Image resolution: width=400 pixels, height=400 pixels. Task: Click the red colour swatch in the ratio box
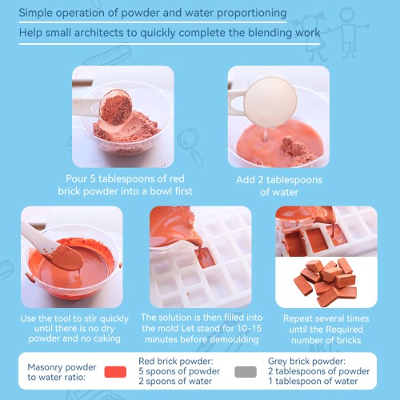pyautogui.click(x=115, y=372)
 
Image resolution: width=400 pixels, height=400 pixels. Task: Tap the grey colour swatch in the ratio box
pyautogui.click(x=246, y=372)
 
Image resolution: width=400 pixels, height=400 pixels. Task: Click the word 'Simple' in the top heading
pyautogui.click(x=36, y=13)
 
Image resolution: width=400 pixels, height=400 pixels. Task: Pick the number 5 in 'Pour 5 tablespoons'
pyautogui.click(x=93, y=178)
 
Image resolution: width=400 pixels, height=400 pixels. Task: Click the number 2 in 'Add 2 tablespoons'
pyautogui.click(x=261, y=180)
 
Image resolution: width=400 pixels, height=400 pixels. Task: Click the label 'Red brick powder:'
pyautogui.click(x=176, y=361)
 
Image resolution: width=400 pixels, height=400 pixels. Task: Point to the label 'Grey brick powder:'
pyautogui.click(x=306, y=361)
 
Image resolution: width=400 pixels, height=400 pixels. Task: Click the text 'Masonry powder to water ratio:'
pyautogui.click(x=62, y=372)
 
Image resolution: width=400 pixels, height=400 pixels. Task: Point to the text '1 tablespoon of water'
pyautogui.click(x=313, y=381)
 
